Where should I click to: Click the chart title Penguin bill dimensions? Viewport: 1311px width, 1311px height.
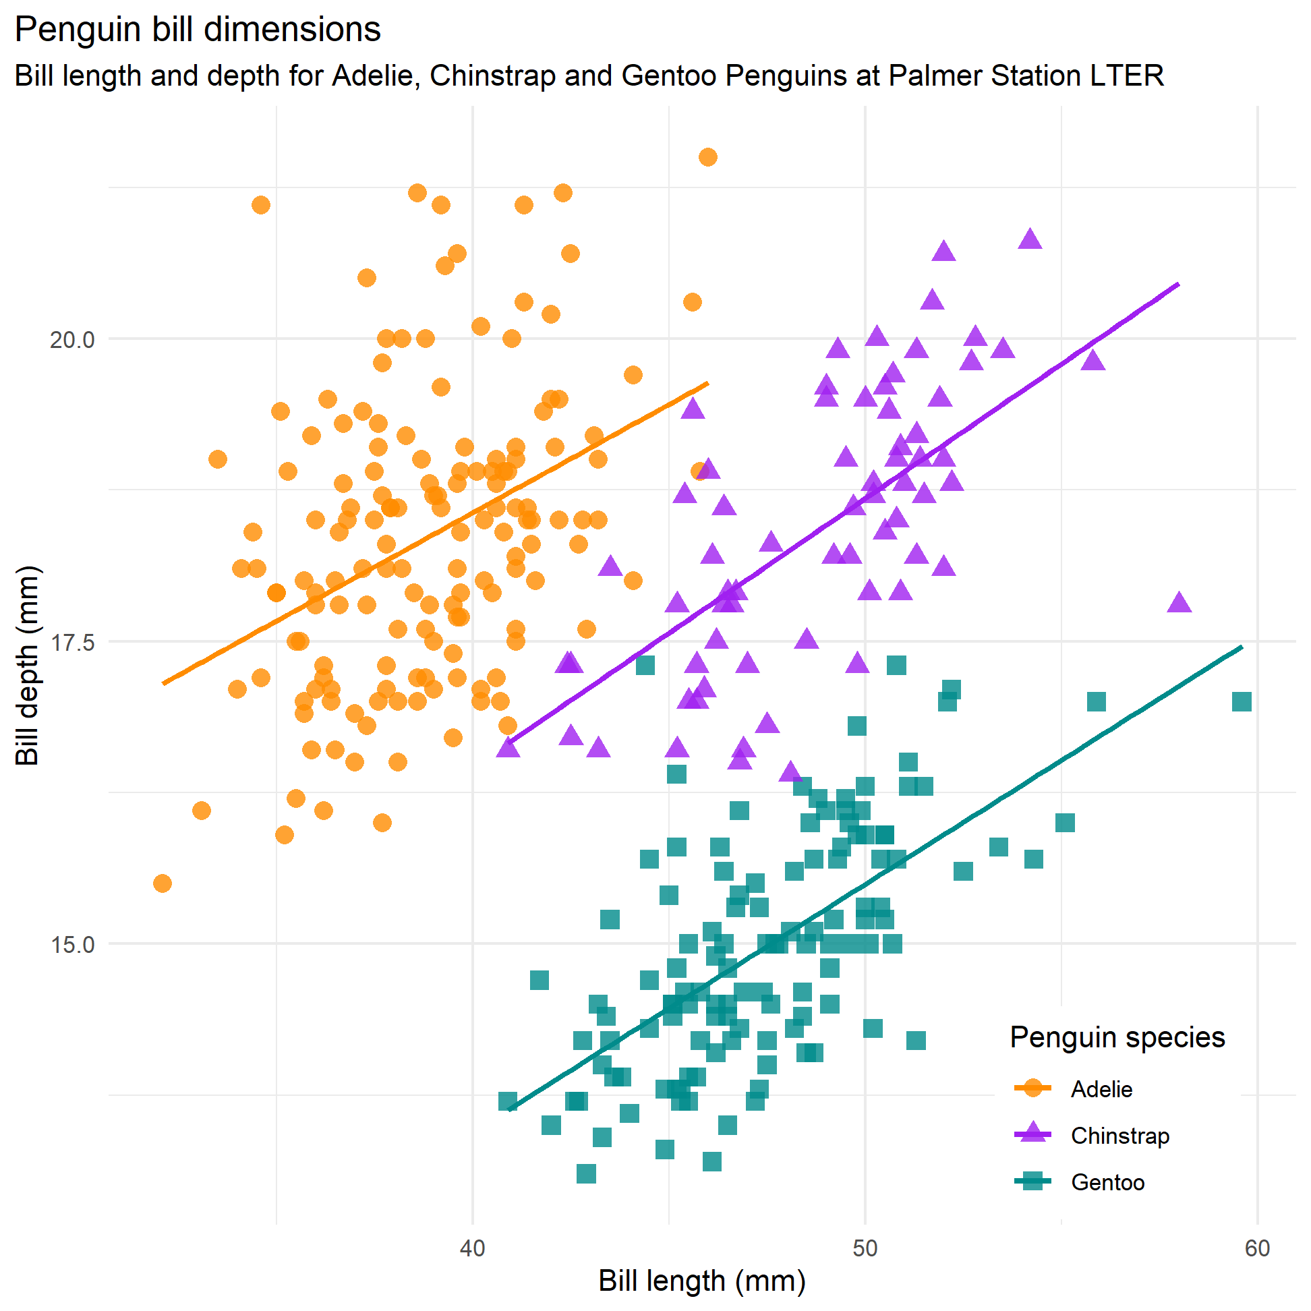[x=198, y=30]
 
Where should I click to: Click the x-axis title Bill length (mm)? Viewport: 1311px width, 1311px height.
[x=701, y=1281]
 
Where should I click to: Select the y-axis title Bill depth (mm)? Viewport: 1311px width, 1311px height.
[x=28, y=666]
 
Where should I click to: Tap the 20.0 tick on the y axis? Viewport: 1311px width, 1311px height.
[x=72, y=339]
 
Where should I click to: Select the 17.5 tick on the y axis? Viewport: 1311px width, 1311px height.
[x=72, y=642]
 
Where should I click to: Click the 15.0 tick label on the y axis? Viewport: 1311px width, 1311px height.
[x=72, y=945]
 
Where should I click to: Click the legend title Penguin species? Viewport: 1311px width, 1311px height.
[x=1117, y=1037]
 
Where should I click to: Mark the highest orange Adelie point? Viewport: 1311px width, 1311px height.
[x=707, y=157]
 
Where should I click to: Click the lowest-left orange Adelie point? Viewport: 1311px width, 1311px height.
[x=162, y=883]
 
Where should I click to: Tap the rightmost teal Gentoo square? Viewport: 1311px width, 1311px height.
[x=1241, y=701]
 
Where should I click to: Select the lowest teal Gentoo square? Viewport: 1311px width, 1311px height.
[x=586, y=1173]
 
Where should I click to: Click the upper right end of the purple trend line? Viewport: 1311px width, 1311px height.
[x=1178, y=285]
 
